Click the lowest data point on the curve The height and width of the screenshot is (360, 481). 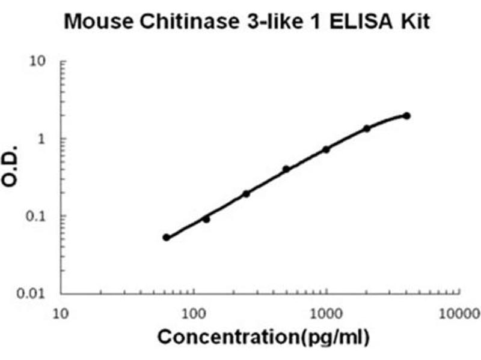167,238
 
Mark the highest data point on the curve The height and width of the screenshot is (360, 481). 407,116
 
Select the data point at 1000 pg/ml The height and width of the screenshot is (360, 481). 326,149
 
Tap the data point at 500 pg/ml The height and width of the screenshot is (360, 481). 286,169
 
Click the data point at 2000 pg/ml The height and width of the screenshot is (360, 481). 367,128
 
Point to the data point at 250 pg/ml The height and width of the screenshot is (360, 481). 246,194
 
